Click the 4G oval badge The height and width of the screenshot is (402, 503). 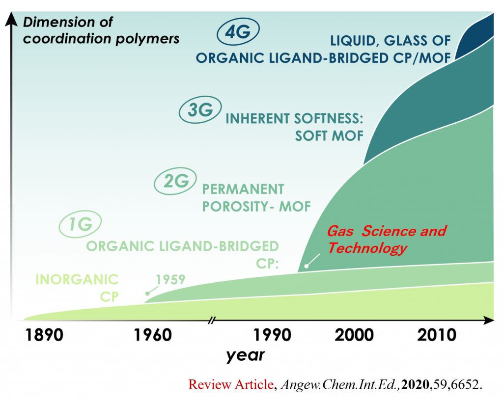coord(238,31)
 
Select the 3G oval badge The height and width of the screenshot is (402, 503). coord(200,109)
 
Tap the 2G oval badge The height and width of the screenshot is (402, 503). coord(175,181)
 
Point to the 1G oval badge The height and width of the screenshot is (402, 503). coord(80,224)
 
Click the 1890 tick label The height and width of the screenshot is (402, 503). coord(44,335)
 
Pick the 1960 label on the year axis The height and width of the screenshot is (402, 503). coord(153,335)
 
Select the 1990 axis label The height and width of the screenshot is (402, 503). coord(272,335)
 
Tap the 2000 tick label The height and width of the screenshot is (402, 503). coord(354,335)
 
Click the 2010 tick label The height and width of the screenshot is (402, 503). coord(437,335)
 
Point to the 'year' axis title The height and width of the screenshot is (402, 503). coord(246,355)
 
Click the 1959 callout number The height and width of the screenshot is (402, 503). coord(170,280)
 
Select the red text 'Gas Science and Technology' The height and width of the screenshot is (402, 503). coord(387,240)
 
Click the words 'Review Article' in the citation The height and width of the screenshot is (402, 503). coord(231,384)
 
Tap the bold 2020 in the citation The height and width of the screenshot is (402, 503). coord(416,384)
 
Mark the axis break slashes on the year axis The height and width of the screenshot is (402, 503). coord(211,320)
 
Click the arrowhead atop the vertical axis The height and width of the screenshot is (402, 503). coord(12,19)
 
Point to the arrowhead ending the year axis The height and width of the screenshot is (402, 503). coord(489,320)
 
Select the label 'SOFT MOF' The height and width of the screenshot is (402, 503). coord(329,136)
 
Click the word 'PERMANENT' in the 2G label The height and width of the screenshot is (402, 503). coord(243,189)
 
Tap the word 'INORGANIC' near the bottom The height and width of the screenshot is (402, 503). coord(77,280)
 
